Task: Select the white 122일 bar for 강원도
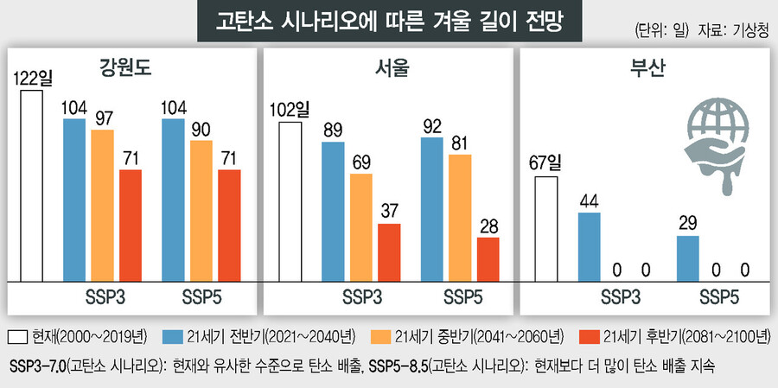click(x=32, y=185)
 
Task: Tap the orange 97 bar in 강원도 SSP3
click(x=102, y=206)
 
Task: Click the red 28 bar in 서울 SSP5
click(x=488, y=259)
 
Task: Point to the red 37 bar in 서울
click(x=389, y=252)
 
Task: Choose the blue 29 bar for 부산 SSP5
click(x=687, y=258)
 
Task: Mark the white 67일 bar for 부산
click(x=546, y=229)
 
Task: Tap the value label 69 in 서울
click(x=361, y=162)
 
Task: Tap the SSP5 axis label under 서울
click(x=464, y=298)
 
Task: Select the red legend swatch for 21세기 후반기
click(x=589, y=335)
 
